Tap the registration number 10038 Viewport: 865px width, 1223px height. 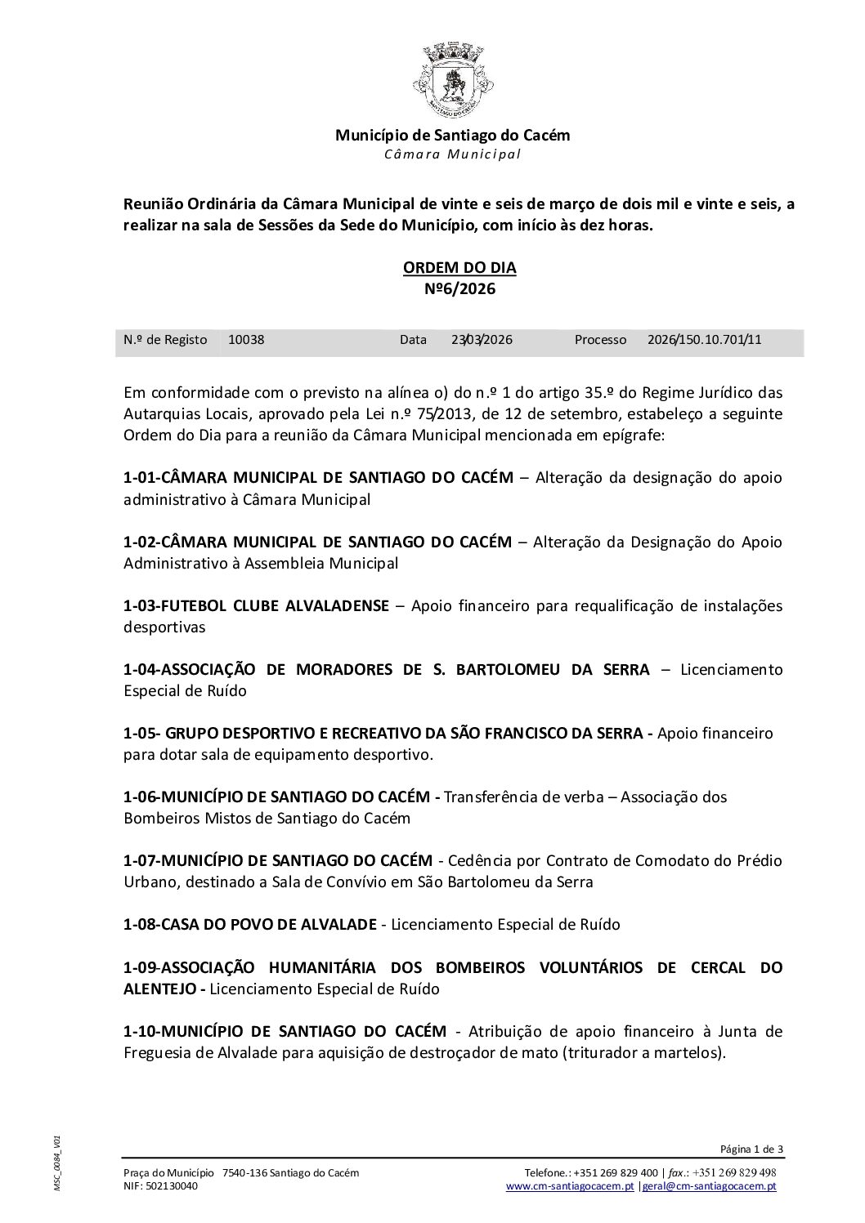pos(246,340)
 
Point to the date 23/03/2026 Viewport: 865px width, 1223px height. pos(482,340)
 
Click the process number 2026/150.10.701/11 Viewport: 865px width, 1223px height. pos(704,340)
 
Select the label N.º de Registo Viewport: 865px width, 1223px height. pos(165,340)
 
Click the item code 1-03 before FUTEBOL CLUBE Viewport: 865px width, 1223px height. pos(141,606)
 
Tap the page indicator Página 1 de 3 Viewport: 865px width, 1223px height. pos(751,1149)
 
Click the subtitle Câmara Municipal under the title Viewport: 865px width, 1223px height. pos(452,154)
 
